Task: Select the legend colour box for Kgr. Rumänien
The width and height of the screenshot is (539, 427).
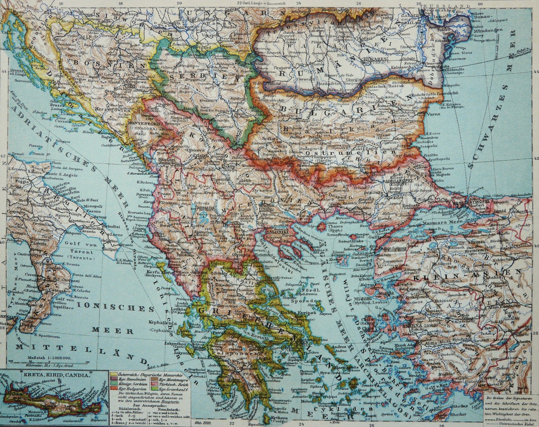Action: pos(114,378)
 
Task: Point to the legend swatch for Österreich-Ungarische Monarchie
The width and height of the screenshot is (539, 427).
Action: pos(114,374)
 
